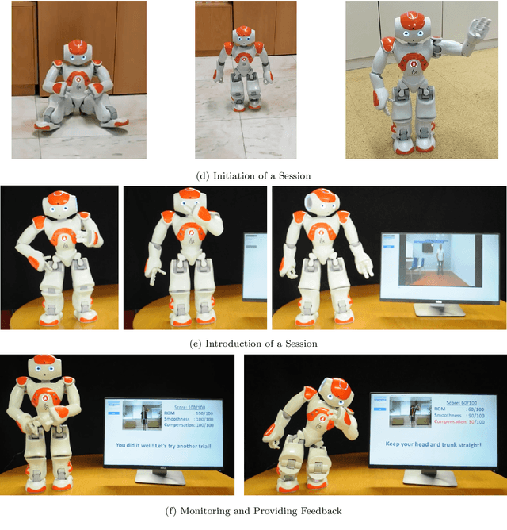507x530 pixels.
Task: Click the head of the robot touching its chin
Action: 189,204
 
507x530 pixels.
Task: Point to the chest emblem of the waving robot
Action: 412,64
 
